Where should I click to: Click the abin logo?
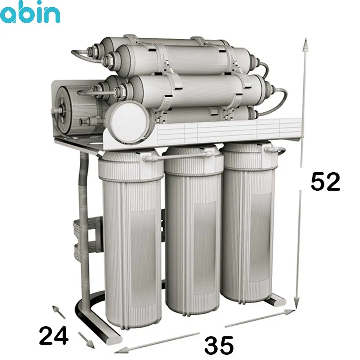(30, 12)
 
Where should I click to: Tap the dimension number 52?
(325, 182)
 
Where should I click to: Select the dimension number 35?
(219, 345)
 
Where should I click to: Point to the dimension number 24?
(54, 336)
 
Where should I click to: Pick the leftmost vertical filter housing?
(130, 239)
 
